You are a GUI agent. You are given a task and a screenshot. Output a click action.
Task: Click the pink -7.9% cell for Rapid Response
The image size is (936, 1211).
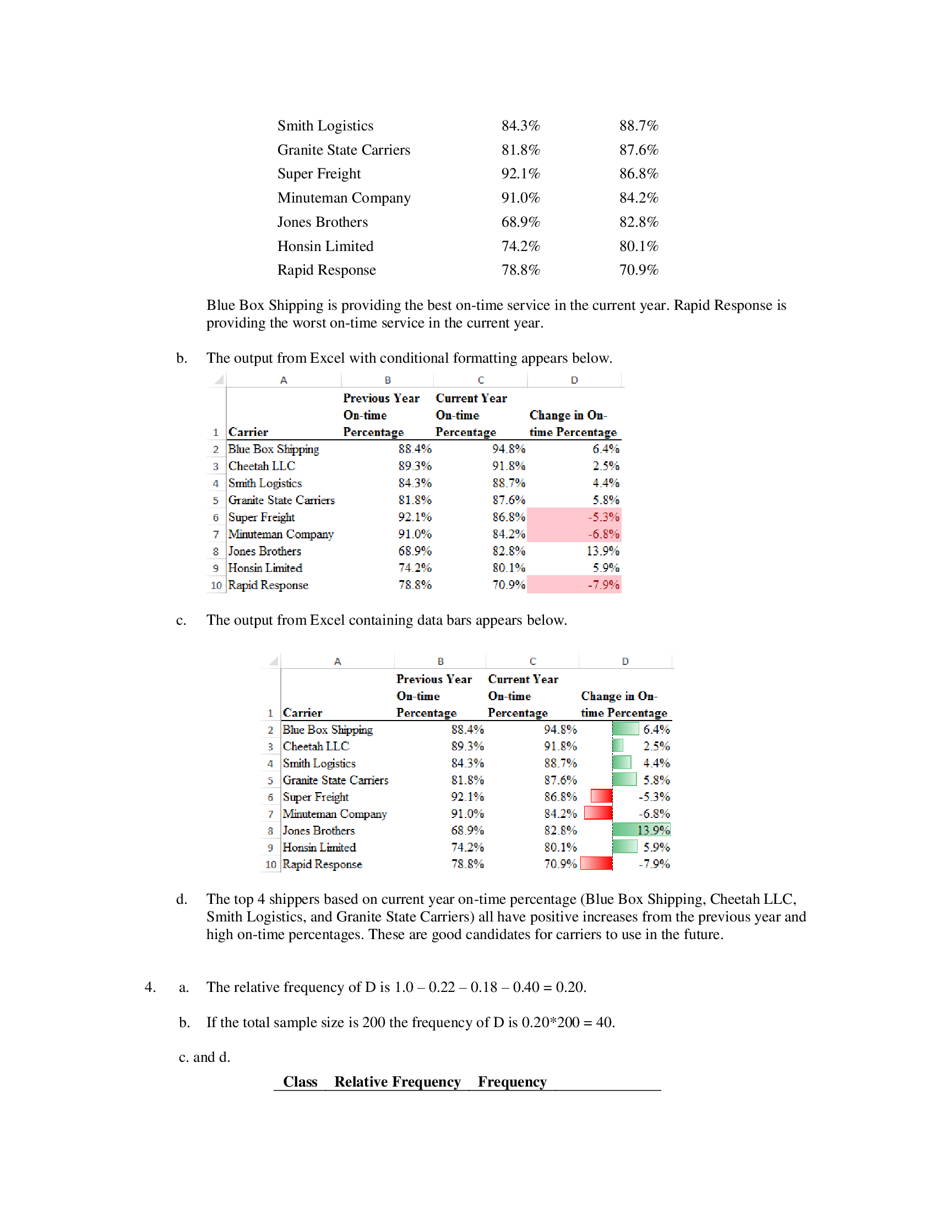pyautogui.click(x=574, y=585)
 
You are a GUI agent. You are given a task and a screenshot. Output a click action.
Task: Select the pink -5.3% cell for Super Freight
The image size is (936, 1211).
pyautogui.click(x=574, y=517)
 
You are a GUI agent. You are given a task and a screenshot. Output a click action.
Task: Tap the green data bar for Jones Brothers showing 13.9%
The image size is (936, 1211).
pyautogui.click(x=641, y=830)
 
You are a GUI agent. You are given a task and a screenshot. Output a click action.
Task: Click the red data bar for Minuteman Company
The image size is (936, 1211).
pyautogui.click(x=598, y=814)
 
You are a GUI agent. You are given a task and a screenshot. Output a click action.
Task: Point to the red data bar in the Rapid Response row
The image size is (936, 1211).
pyautogui.click(x=596, y=863)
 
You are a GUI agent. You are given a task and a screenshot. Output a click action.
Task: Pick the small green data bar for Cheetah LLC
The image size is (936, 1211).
pyautogui.click(x=618, y=746)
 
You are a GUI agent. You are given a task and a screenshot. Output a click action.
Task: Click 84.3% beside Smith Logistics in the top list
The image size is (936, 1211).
pyautogui.click(x=520, y=126)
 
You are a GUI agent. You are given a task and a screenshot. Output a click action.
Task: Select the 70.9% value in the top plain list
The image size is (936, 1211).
pyautogui.click(x=638, y=270)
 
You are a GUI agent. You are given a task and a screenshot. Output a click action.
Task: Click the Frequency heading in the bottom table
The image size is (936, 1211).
pyautogui.click(x=512, y=1082)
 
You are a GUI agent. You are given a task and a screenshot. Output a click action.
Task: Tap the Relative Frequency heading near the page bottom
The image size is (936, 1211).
pyautogui.click(x=397, y=1082)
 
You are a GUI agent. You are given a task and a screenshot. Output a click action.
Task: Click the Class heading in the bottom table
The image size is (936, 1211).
pyautogui.click(x=300, y=1082)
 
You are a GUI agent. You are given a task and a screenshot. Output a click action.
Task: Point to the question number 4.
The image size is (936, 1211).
pyautogui.click(x=150, y=987)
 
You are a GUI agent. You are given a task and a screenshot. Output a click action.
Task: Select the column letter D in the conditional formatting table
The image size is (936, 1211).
pyautogui.click(x=574, y=380)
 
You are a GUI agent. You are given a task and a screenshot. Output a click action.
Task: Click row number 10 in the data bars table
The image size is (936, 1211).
pyautogui.click(x=270, y=864)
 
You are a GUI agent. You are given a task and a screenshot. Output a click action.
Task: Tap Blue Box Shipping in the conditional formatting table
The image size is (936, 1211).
pyautogui.click(x=274, y=449)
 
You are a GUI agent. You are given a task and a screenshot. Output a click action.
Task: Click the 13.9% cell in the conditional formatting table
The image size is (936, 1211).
pyautogui.click(x=603, y=551)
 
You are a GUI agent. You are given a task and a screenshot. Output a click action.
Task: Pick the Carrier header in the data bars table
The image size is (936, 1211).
pyautogui.click(x=302, y=712)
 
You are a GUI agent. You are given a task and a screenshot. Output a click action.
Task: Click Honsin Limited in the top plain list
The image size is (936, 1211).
pyautogui.click(x=325, y=246)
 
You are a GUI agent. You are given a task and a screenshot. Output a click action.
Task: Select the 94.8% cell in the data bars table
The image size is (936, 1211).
pyautogui.click(x=560, y=729)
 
